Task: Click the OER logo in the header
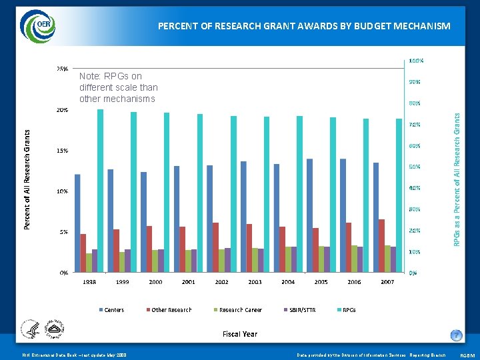coord(37,26)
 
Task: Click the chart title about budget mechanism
coord(304,26)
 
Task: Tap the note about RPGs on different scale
coord(118,87)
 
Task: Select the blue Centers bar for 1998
coord(77,223)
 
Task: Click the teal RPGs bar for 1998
coord(100,191)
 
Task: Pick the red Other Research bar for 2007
coord(381,246)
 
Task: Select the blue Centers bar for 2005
coord(309,216)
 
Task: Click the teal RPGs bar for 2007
coord(399,196)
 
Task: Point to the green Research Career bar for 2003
coord(255,260)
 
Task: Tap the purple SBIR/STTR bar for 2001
coord(194,261)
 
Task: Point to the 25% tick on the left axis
coord(61,69)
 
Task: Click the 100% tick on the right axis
coord(415,61)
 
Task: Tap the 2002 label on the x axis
coord(221,282)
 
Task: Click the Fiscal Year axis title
coord(239,334)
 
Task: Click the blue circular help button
coord(456,335)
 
